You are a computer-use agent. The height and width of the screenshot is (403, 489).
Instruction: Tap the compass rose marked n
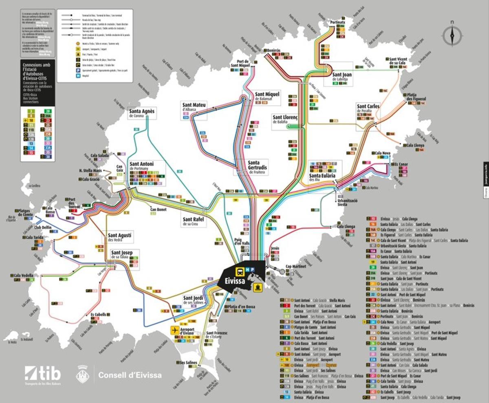[452, 34]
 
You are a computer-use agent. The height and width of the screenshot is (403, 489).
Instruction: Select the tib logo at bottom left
[43, 373]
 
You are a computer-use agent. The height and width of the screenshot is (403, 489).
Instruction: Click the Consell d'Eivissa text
[130, 375]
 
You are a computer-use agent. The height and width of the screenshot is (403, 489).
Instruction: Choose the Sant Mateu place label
[194, 107]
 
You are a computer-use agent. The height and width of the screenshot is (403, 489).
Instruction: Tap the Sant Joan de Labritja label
[342, 77]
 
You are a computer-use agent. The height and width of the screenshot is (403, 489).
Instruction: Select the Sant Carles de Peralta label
[368, 108]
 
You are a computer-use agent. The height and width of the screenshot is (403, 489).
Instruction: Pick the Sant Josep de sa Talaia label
[125, 254]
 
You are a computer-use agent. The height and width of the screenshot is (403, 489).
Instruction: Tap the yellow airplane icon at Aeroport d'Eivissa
[175, 330]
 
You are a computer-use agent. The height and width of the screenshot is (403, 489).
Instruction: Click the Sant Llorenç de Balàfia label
[286, 119]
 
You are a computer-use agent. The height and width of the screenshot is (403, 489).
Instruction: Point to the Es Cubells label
[98, 315]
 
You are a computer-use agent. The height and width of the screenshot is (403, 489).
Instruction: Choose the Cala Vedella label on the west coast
[24, 276]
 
